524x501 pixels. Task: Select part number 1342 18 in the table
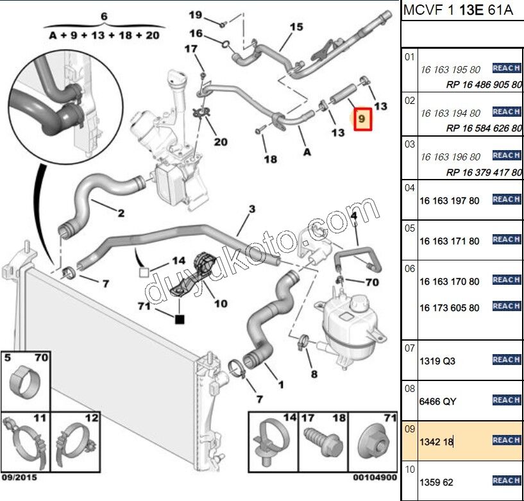pos(436,441)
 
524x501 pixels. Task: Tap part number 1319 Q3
pos(437,361)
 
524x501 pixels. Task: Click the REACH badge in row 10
pos(505,480)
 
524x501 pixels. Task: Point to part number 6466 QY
pos(438,402)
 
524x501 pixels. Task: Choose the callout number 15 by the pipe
pos(296,27)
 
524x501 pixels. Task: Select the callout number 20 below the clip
pos(221,141)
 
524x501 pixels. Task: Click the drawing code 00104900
pos(375,477)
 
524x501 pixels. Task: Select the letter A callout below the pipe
pos(307,152)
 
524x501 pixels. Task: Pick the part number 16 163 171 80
pos(449,241)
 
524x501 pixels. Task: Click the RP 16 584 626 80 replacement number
pos(484,128)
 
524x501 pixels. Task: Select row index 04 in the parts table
pos(409,187)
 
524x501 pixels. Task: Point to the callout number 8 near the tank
pos(314,373)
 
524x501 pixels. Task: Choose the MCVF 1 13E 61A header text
pos(459,11)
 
